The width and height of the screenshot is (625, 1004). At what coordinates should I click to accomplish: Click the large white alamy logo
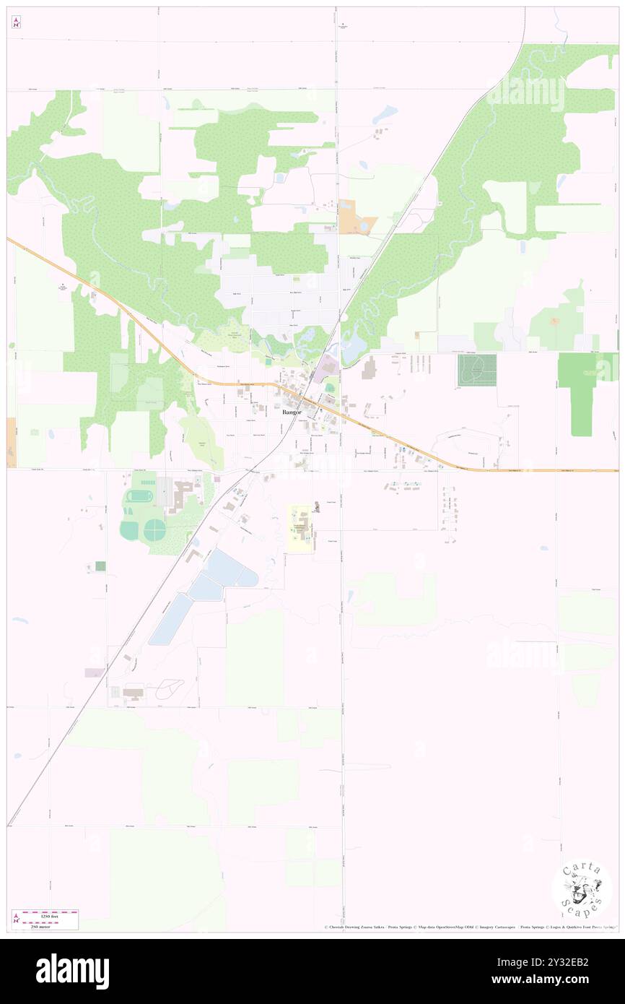[x=73, y=971]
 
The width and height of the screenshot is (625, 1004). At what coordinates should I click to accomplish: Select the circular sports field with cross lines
[x=154, y=531]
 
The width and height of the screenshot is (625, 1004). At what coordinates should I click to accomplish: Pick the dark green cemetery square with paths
[x=476, y=370]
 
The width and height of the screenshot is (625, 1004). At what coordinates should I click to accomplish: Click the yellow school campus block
[x=301, y=529]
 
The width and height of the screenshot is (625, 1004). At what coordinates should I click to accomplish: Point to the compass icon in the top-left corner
[x=16, y=22]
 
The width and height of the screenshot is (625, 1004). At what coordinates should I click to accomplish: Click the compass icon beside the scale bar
[x=16, y=918]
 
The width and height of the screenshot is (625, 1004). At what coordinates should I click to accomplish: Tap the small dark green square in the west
[x=100, y=566]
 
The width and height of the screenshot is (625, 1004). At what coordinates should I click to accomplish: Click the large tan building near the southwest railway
[x=134, y=693]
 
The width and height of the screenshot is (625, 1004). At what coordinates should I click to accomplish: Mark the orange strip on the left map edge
[x=11, y=442]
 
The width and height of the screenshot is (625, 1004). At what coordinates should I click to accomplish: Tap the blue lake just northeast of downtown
[x=354, y=351]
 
